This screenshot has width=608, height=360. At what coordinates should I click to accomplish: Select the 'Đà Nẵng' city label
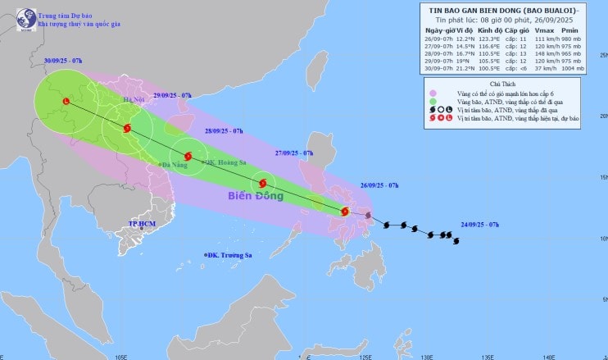[175, 165]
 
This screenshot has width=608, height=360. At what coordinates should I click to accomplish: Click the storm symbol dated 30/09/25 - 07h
[66, 102]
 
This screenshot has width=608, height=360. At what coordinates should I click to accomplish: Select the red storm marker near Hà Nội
[126, 128]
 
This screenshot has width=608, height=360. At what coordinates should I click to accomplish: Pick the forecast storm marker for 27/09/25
[263, 184]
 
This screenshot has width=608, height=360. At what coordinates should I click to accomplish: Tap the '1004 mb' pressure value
[569, 69]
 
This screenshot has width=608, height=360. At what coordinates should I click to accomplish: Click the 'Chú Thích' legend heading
[503, 84]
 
